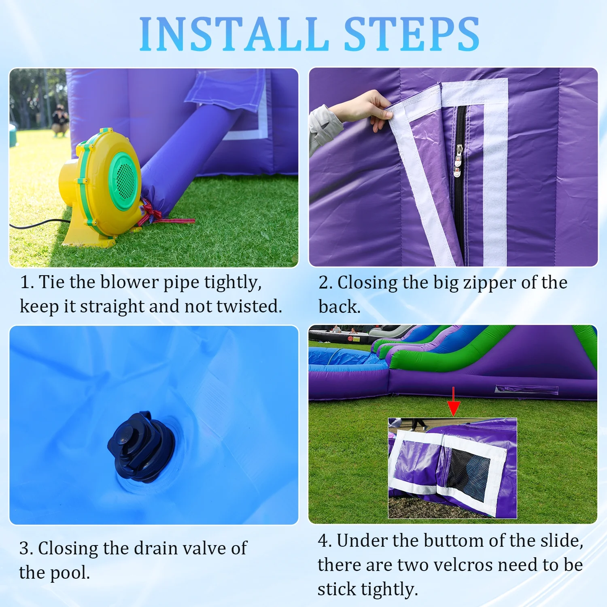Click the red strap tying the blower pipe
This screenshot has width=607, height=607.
point(162,214)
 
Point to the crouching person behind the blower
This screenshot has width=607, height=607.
point(60,120)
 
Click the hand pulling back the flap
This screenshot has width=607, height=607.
point(364,108)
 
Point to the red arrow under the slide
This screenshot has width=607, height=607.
point(454,401)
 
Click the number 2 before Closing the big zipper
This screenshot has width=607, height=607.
point(323,283)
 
